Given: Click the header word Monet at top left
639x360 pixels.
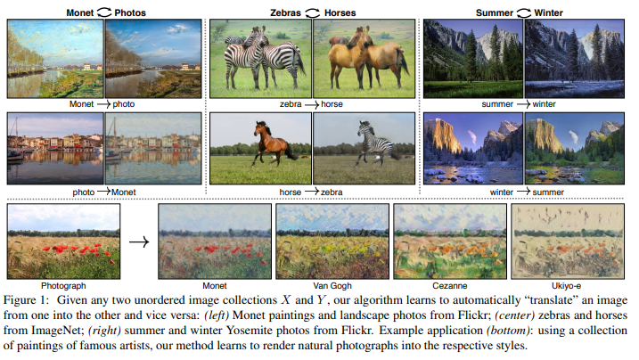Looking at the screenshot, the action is pos(80,12).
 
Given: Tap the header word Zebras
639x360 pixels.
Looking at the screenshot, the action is pos(285,12).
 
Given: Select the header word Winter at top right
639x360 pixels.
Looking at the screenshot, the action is pos(548,12).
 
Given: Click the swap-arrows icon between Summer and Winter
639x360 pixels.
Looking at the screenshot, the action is pos(524,13).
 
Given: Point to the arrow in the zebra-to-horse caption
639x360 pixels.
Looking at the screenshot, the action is pos(311,104).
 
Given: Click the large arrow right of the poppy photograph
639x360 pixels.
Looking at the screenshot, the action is pos(139,242).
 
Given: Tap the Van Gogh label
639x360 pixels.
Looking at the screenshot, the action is pos(332,285).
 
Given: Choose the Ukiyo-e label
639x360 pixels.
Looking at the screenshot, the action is pos(566,285).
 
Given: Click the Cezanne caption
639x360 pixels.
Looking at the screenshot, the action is pos(449,285).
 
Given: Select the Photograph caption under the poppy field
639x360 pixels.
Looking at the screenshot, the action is pos(63,285).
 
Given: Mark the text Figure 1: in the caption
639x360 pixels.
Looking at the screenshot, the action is pos(26,300).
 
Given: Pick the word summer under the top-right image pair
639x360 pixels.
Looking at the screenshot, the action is pos(497,104).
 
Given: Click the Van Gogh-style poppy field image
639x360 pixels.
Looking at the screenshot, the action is pos(332,241).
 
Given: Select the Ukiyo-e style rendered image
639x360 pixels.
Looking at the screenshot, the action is pos(568,241).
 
